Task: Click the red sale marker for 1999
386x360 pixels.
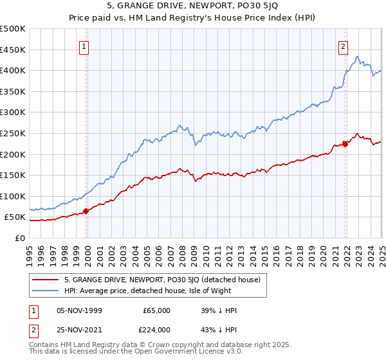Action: click(x=86, y=211)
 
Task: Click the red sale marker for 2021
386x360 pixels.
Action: click(x=345, y=144)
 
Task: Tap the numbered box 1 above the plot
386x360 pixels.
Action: click(x=84, y=46)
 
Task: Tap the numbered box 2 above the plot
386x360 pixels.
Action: click(x=344, y=46)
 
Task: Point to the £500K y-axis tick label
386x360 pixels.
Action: click(x=13, y=29)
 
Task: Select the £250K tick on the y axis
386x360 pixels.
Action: click(x=13, y=133)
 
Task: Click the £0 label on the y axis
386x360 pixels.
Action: click(x=19, y=238)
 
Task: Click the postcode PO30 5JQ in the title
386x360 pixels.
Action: click(x=229, y=7)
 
